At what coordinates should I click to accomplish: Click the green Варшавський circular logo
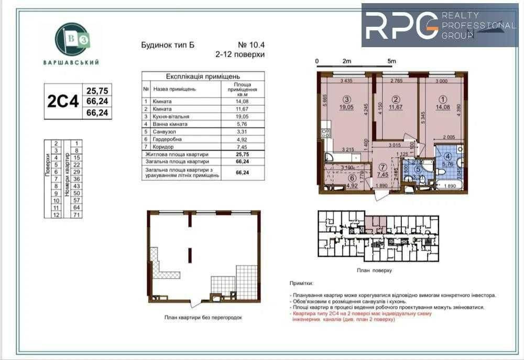pyautogui.click(x=71, y=39)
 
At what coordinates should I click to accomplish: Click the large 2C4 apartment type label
pyautogui.click(x=63, y=101)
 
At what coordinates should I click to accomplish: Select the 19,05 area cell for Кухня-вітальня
pyautogui.click(x=242, y=116)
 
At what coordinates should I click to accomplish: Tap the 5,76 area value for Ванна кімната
pyautogui.click(x=242, y=124)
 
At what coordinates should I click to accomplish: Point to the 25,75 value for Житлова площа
pyautogui.click(x=242, y=155)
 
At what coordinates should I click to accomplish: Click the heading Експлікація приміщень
pyautogui.click(x=203, y=76)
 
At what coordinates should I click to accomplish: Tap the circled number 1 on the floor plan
pyautogui.click(x=443, y=99)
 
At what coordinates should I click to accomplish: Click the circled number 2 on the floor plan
pyautogui.click(x=396, y=99)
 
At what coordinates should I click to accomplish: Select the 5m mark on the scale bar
pyautogui.click(x=391, y=61)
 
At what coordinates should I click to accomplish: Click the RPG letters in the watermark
pyautogui.click(x=401, y=25)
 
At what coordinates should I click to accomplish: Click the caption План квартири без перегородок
pyautogui.click(x=203, y=318)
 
